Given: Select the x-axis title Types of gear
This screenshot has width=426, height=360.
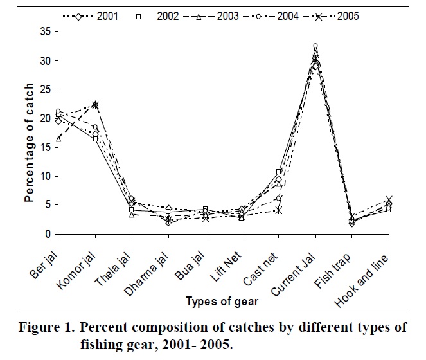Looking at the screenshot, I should pos(223,300).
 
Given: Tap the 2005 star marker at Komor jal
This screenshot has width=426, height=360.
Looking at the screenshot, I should pos(95,105).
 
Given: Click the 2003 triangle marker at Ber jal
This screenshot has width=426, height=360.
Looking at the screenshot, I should pos(58,138).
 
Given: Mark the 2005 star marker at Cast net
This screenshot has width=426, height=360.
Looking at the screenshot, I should pos(278,210).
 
